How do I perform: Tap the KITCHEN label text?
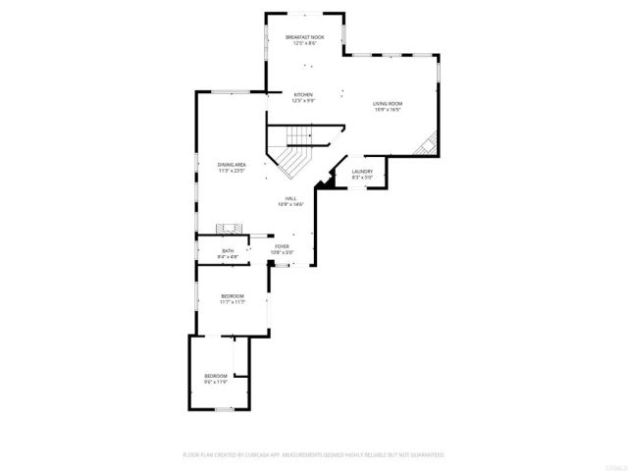pos(302,94)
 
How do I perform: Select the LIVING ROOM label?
pos(388,103)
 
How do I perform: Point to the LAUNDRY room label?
pos(363,171)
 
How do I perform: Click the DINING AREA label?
pos(232,164)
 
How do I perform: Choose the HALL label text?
pos(291,198)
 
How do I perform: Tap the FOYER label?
pos(282,246)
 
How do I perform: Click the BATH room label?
pos(228,250)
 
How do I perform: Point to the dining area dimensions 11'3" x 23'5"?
pos(232,170)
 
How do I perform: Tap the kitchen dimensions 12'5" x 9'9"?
pos(302,100)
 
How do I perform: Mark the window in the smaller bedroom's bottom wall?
pos(223,413)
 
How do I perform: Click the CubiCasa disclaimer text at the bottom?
pos(314,455)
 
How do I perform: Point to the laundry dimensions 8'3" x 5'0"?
pos(363,177)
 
